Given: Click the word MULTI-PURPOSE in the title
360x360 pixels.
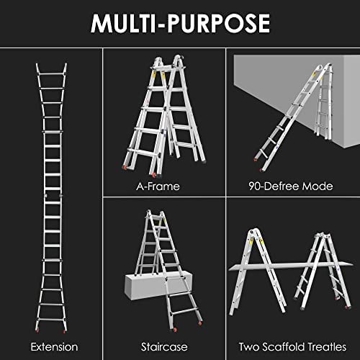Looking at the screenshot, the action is tap(180, 23).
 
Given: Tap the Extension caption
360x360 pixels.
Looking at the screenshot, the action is tap(54, 347).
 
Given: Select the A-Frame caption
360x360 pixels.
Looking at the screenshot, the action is tap(158, 186).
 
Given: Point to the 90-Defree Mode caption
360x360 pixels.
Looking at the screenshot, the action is tap(291, 186).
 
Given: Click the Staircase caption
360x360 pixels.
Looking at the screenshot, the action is tap(164, 347).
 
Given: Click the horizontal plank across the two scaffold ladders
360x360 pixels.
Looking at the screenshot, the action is tap(290, 266).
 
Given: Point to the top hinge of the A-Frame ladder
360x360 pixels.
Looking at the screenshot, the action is tap(178, 59).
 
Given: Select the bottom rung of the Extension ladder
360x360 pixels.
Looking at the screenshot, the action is tap(51, 319).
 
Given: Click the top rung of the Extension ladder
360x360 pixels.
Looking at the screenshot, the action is tap(51, 74).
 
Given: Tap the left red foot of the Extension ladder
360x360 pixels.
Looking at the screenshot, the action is tap(37, 331).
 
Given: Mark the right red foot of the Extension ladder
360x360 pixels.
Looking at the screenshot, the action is tap(64, 331).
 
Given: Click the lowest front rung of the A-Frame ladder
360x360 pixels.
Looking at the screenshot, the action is tap(143, 152).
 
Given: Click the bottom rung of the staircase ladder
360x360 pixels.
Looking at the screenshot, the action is tap(184, 312).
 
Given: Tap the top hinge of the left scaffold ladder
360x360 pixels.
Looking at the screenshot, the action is tap(251, 233).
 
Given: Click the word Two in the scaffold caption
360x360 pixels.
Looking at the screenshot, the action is tap(249, 347).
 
